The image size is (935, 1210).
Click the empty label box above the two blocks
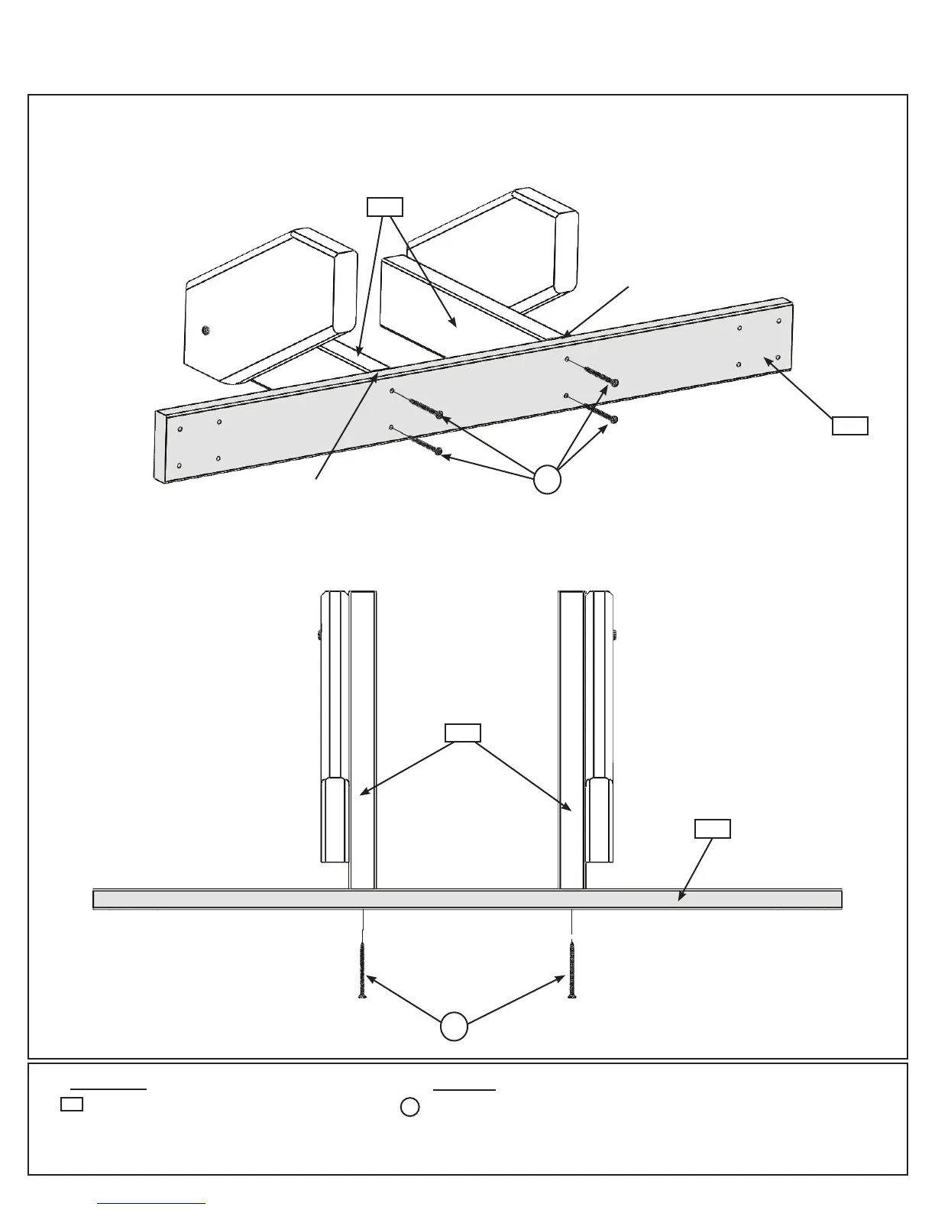pyautogui.click(x=385, y=206)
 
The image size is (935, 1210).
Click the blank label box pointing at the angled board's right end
pyautogui.click(x=849, y=425)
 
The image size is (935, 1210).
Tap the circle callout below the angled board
pyautogui.click(x=547, y=480)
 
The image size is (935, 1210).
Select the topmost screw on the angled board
pyautogui.click(x=600, y=375)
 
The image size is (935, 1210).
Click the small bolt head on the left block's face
pyautogui.click(x=205, y=330)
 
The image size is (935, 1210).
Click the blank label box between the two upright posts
pyautogui.click(x=463, y=733)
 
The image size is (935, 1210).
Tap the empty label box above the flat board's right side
pyautogui.click(x=712, y=828)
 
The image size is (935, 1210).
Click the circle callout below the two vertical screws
pyautogui.click(x=454, y=1026)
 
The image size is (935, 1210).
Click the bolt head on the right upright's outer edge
pyautogui.click(x=616, y=633)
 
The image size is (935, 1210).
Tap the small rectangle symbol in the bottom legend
pyautogui.click(x=72, y=1104)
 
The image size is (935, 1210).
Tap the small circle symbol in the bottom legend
pyautogui.click(x=410, y=1107)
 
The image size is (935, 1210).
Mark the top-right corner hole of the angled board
pyautogui.click(x=778, y=322)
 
